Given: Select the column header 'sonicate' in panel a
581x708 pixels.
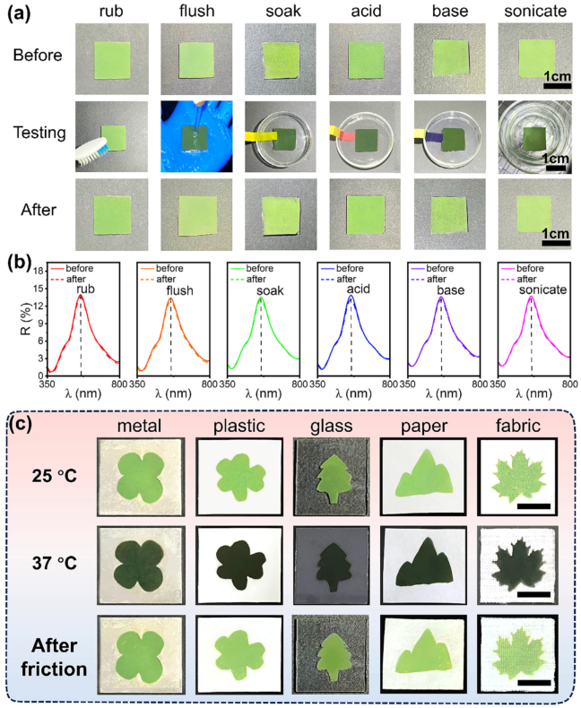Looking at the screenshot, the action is point(535,11).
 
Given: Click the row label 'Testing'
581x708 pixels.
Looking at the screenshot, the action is point(39,133).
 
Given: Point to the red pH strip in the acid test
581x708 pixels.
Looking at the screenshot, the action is point(347,134).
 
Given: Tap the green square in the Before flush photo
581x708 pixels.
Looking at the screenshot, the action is point(196,60).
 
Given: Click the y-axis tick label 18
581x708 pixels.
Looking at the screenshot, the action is point(39,271).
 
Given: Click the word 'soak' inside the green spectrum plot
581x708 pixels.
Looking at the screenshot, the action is point(270,290).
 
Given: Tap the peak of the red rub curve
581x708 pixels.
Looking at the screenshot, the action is point(81,296).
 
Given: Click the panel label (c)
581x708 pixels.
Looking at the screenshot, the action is point(21,424).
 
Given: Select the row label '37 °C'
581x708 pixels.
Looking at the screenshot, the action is point(54,563).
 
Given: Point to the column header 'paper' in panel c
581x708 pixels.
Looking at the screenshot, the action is point(424,426).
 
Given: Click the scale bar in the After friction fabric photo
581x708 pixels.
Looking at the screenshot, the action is point(533,683).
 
